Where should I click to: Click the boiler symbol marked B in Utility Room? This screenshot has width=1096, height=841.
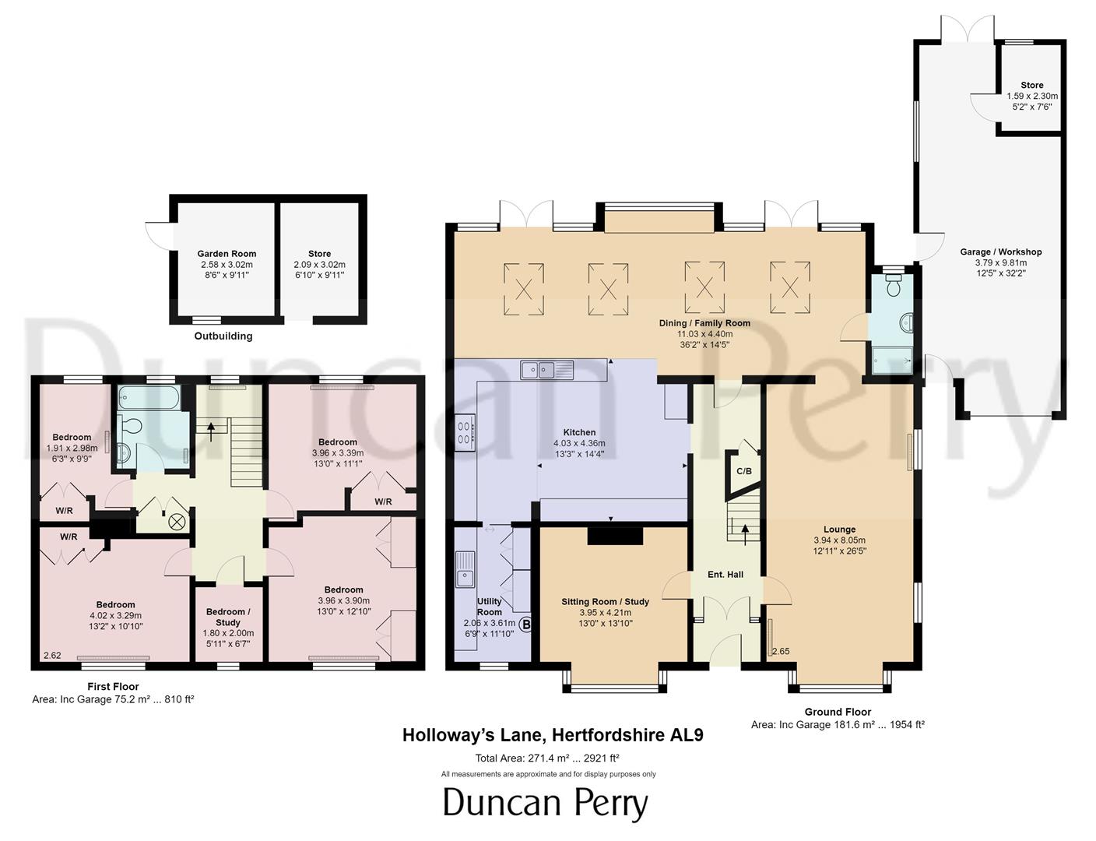click(x=526, y=625)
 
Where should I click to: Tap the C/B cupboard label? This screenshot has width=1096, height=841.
click(x=744, y=471)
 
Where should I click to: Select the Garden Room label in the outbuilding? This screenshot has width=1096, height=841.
click(x=227, y=254)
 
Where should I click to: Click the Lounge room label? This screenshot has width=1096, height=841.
click(x=839, y=530)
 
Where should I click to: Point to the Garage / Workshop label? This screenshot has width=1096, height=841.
click(x=1000, y=252)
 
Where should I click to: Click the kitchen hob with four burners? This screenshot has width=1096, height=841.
click(x=465, y=432)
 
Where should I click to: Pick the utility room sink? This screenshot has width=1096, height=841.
click(x=465, y=568)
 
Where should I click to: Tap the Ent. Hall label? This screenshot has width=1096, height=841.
click(x=725, y=575)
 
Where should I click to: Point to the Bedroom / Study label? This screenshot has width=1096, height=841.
click(x=228, y=617)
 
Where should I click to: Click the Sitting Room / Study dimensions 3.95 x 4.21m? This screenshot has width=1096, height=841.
click(x=605, y=613)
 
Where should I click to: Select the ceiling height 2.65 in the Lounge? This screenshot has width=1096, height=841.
click(x=781, y=652)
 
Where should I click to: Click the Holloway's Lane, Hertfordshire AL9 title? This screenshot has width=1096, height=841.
click(x=553, y=735)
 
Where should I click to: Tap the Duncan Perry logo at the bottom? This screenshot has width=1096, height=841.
click(x=545, y=804)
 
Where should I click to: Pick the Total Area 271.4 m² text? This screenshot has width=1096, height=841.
click(x=547, y=758)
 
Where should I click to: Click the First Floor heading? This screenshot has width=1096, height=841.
click(x=113, y=687)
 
